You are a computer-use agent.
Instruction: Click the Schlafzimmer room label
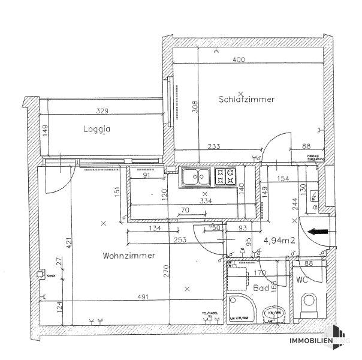pos(246,100)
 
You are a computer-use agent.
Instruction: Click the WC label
pos(302,280)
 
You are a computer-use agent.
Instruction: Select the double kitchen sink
pos(195,177)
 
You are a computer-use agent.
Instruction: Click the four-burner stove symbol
pos(226,177)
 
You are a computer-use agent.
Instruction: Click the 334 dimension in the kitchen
pos(206,202)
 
